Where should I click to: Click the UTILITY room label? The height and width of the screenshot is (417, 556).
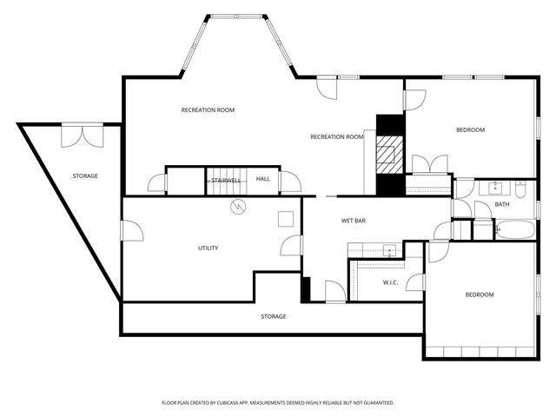[208, 248]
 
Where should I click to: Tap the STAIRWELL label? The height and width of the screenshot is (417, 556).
[226, 180]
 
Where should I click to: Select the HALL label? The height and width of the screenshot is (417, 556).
[262, 180]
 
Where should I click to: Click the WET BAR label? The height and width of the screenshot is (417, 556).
[353, 222]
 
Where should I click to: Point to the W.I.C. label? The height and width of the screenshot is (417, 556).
[390, 282]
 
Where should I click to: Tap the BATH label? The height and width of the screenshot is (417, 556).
[502, 205]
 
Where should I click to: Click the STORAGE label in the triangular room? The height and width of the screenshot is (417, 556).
[85, 176]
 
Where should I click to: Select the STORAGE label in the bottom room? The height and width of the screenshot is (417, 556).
[274, 316]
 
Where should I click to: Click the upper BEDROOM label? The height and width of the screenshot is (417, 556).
[470, 130]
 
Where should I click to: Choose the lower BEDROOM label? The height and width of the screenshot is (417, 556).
[479, 295]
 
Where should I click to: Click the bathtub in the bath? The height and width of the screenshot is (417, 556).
[514, 230]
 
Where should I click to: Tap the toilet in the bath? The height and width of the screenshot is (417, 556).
[521, 189]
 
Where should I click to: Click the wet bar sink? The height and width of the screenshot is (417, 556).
[390, 251]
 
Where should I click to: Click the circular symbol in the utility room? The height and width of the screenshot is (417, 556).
[237, 208]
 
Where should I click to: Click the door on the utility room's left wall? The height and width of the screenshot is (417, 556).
[130, 231]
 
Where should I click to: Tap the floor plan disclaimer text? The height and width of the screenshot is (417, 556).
[278, 403]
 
